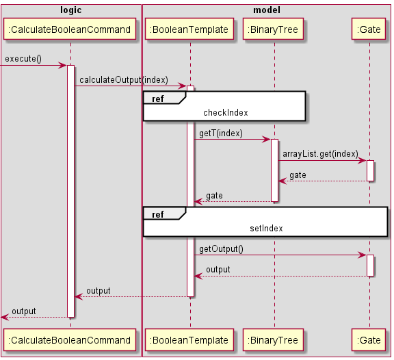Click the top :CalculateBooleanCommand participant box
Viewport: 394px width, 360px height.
[x=70, y=29]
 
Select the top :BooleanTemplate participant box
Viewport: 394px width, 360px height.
[x=190, y=29]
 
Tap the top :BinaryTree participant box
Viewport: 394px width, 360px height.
[x=274, y=29]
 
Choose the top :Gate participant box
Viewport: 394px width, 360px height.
[x=369, y=29]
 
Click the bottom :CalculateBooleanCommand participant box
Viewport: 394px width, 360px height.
[x=70, y=339]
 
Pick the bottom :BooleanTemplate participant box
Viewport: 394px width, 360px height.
[x=190, y=339]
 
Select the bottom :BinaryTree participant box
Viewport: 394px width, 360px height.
[x=274, y=339]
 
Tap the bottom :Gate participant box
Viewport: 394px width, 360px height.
[x=369, y=339]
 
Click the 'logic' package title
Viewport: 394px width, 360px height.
[x=70, y=10]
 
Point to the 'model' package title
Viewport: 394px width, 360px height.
[x=266, y=10]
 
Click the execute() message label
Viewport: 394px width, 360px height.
[x=23, y=60]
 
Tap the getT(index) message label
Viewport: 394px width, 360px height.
[x=220, y=133]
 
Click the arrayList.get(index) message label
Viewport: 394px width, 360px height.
[x=320, y=154]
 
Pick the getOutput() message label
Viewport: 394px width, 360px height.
[x=221, y=248]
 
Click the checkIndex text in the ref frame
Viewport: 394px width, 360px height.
[x=225, y=112]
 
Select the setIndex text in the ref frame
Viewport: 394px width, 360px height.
[x=266, y=228]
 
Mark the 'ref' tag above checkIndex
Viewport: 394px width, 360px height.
[x=158, y=99]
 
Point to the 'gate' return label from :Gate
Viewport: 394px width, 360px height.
[x=298, y=175]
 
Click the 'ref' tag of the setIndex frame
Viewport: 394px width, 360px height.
[x=158, y=214]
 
